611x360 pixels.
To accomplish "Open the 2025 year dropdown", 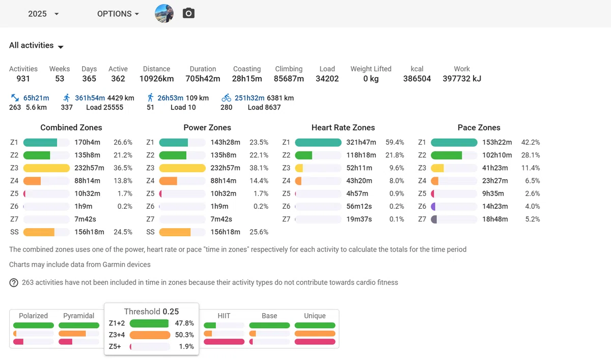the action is pyautogui.click(x=43, y=14).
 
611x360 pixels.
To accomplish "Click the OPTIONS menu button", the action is pyautogui.click(x=118, y=14).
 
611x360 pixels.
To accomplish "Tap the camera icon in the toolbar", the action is pyautogui.click(x=188, y=13).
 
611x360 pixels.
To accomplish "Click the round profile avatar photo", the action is pyautogui.click(x=164, y=13).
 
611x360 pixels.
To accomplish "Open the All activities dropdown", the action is pyautogui.click(x=36, y=45).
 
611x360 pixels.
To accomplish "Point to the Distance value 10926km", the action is pyautogui.click(x=157, y=78).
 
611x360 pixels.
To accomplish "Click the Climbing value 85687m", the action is pyautogui.click(x=289, y=78).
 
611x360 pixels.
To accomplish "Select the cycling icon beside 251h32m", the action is pyautogui.click(x=226, y=98).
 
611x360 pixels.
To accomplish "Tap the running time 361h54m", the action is pyautogui.click(x=90, y=98).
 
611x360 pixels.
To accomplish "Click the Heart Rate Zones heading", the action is pyautogui.click(x=343, y=127).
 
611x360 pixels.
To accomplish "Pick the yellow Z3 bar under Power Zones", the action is pyautogui.click(x=182, y=168).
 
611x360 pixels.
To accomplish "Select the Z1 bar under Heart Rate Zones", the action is pyautogui.click(x=318, y=143).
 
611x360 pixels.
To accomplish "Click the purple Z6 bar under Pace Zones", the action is pyautogui.click(x=433, y=206).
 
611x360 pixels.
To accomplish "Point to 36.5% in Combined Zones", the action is pyautogui.click(x=123, y=168).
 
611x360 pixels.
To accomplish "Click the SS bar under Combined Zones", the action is pyautogui.click(x=39, y=232).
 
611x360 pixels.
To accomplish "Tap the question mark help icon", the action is pyautogui.click(x=14, y=283).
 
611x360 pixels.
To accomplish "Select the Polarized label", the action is pyautogui.click(x=33, y=316).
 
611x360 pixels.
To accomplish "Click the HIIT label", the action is pyautogui.click(x=224, y=316).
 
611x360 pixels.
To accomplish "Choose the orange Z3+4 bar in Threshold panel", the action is pyautogui.click(x=150, y=335).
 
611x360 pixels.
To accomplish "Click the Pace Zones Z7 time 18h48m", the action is pyautogui.click(x=495, y=219).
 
